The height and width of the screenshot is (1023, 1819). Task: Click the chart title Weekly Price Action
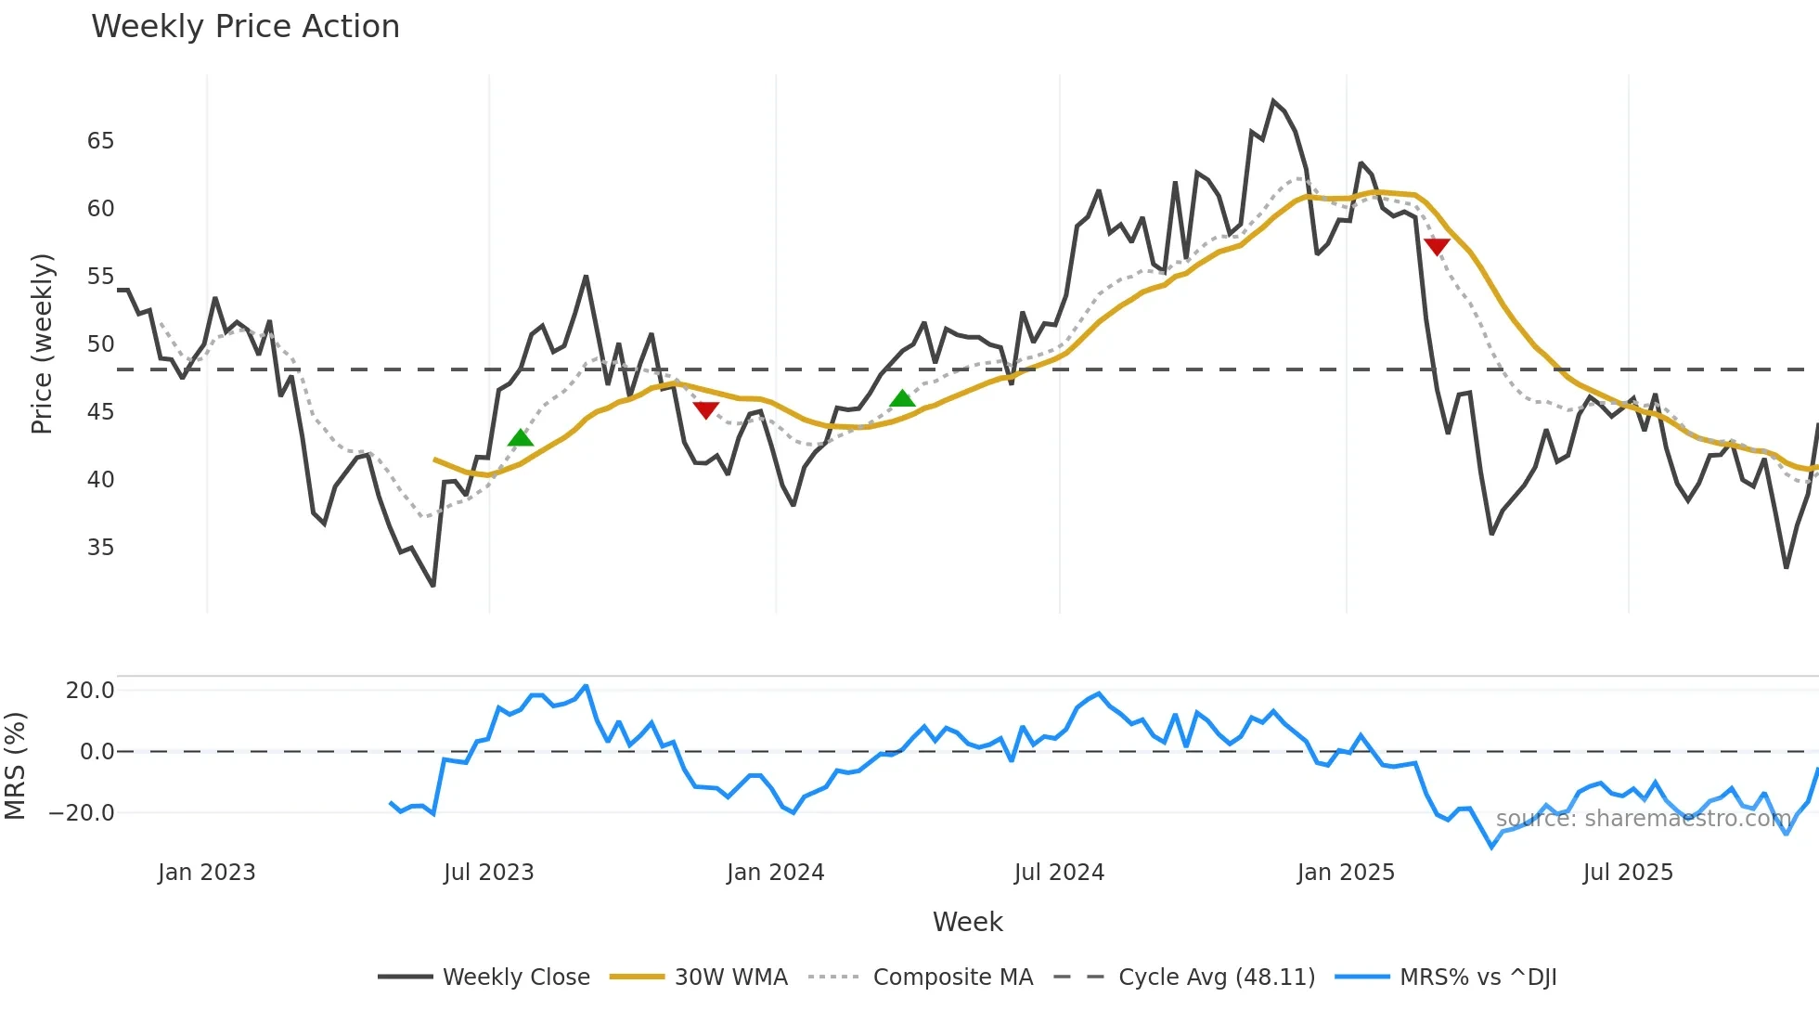pos(245,27)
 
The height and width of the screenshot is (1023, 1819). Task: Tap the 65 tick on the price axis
pos(100,141)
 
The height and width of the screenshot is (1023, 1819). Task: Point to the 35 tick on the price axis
pos(100,548)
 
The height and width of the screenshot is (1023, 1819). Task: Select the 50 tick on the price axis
pos(100,344)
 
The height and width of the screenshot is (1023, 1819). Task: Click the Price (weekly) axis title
pos(42,343)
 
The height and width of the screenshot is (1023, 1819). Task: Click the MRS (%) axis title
pos(15,766)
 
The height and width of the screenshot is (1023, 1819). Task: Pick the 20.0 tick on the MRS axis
pos(90,691)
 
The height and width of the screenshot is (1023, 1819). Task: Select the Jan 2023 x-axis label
pos(206,873)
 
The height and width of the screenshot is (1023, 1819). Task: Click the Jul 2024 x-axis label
pos(1059,873)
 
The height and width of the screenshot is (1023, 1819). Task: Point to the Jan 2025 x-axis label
pos(1346,873)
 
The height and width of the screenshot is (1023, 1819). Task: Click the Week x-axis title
pos(967,922)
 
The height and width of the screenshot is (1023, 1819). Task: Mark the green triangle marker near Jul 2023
pos(521,438)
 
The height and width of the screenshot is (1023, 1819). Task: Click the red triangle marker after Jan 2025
pos(1437,246)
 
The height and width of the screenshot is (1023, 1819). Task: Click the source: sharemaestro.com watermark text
pos(1643,819)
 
